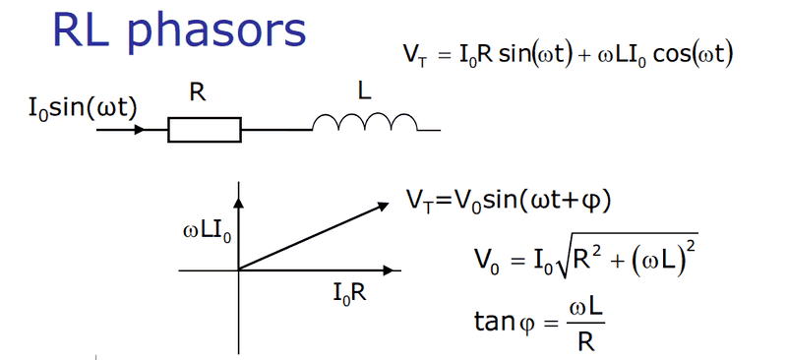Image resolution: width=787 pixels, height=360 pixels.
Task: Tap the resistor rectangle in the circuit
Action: coord(204,129)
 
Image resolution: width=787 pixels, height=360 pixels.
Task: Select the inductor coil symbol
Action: coord(365,122)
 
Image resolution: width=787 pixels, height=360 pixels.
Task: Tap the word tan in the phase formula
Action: coord(492,322)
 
